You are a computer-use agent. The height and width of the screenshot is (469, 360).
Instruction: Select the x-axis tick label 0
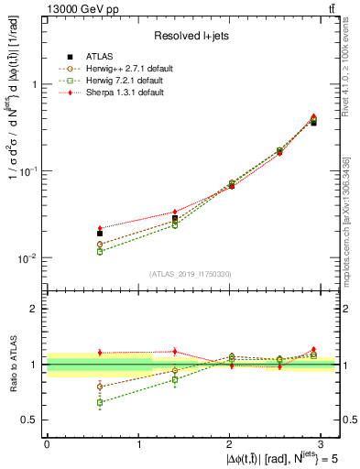pos(47,443)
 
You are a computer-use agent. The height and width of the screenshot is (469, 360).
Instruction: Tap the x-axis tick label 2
pos(229,443)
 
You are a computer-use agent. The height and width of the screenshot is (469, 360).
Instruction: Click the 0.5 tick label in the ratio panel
pos(30,420)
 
